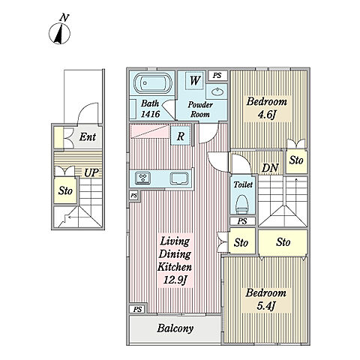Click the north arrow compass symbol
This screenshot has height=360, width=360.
(x=59, y=33)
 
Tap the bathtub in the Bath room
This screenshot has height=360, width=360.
(x=153, y=83)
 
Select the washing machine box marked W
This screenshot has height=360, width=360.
(x=194, y=80)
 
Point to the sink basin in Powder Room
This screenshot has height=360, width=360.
(x=217, y=91)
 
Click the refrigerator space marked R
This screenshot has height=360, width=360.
(x=181, y=136)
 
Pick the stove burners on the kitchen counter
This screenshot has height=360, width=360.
(x=142, y=178)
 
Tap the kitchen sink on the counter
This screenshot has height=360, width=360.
(x=179, y=178)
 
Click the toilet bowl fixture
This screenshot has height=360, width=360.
(x=242, y=204)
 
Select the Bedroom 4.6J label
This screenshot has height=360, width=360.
(x=267, y=108)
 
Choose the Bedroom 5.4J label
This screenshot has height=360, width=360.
(x=265, y=299)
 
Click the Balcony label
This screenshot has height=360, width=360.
(x=175, y=328)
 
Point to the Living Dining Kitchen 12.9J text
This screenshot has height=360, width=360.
(x=175, y=260)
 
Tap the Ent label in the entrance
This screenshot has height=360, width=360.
(x=87, y=137)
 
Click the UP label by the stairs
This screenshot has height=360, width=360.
(x=91, y=172)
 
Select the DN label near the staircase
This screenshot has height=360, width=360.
(x=270, y=168)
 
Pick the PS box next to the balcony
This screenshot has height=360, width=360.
(x=137, y=309)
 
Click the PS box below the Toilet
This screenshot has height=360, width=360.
(x=242, y=221)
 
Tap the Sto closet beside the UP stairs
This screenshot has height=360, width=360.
(x=65, y=190)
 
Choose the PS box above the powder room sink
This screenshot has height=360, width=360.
(x=217, y=75)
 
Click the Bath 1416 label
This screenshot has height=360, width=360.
(x=150, y=109)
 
